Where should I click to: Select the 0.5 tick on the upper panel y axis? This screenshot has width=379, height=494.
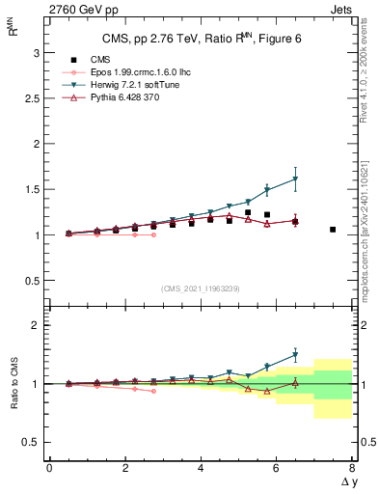[x=30, y=281]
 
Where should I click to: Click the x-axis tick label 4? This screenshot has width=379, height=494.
[x=201, y=468]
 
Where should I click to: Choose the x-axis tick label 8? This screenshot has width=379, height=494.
[x=352, y=468]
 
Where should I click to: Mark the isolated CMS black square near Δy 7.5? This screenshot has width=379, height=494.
[x=333, y=230]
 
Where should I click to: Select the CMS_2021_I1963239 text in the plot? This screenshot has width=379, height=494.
[x=200, y=288]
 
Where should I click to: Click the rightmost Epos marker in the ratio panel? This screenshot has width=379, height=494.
[x=153, y=391]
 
